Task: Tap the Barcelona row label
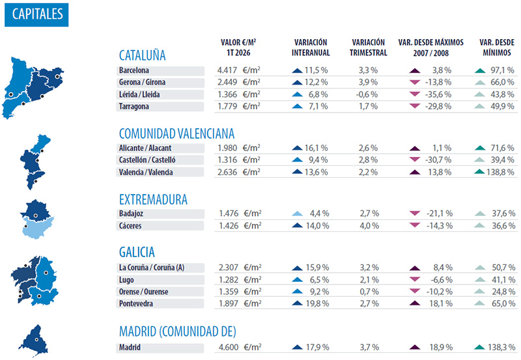coord(135,70)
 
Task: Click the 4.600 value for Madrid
coord(228,348)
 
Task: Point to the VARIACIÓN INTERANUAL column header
coord(311,48)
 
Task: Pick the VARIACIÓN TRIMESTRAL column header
coord(368,48)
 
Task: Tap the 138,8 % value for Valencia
coord(502,172)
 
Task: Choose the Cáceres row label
coord(131,226)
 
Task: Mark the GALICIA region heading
coord(137,252)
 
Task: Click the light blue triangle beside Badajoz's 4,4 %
coord(297,214)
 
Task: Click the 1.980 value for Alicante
coord(228,148)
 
